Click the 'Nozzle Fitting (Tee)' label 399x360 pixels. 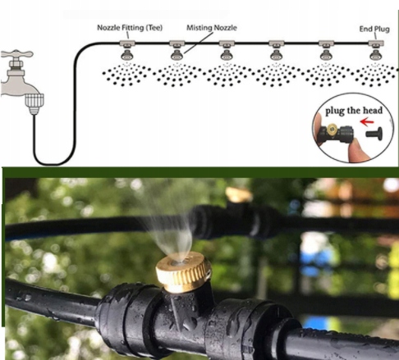click(130, 28)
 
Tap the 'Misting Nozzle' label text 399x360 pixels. click(212, 28)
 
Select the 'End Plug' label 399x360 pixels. click(374, 29)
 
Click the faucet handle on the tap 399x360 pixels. click(17, 54)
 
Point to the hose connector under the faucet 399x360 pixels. click(34, 104)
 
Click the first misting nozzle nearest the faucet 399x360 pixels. click(127, 55)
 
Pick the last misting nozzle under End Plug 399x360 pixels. click(376, 55)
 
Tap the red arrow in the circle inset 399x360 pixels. click(367, 121)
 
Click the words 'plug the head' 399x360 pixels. click(354, 111)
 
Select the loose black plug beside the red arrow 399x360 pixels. click(374, 134)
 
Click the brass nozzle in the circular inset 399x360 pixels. click(332, 128)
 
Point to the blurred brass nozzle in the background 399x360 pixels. click(239, 194)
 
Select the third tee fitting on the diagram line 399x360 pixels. click(227, 43)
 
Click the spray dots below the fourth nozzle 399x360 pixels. click(277, 75)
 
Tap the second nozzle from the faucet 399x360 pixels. click(177, 55)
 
